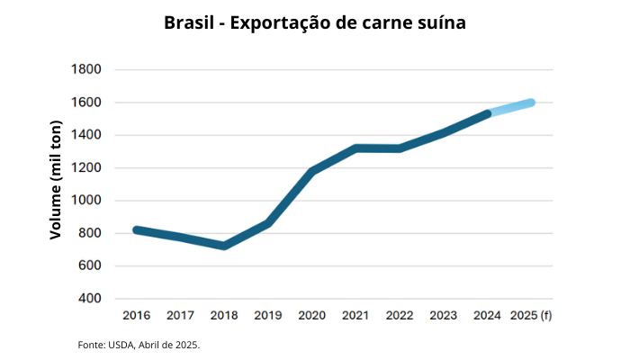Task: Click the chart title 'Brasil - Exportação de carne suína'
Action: [x=315, y=22]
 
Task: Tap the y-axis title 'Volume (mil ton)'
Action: [x=56, y=184]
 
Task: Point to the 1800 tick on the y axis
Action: [x=85, y=70]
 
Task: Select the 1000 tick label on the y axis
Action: [x=85, y=201]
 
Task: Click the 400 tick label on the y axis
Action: [x=89, y=299]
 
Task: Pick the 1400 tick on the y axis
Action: [x=85, y=135]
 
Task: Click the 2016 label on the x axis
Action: [x=137, y=316]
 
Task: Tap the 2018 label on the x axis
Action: [x=224, y=316]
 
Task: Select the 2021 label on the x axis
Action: [x=355, y=316]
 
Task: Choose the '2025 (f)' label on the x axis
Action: [x=531, y=316]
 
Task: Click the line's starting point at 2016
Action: [x=137, y=230]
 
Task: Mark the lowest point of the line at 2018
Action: [x=224, y=246]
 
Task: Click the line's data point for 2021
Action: [x=355, y=148]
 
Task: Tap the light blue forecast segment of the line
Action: [x=509, y=108]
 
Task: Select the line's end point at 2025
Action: [x=531, y=103]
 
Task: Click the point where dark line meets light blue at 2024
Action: [x=487, y=114]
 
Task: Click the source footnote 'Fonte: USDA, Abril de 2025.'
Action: [x=139, y=345]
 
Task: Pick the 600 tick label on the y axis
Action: [x=89, y=266]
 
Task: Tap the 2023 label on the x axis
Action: [x=443, y=316]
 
